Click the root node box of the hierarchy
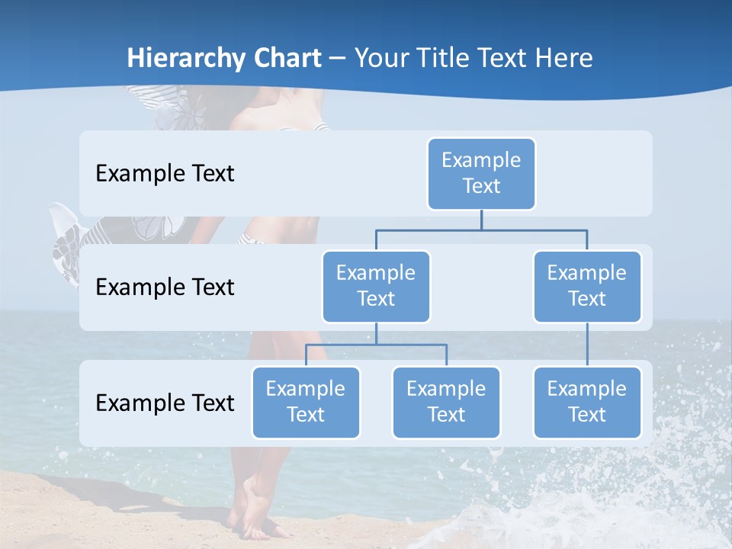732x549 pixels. tap(481, 173)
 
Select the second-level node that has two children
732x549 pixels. tap(376, 286)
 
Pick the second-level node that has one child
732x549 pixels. tap(587, 286)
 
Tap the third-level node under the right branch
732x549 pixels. tap(587, 402)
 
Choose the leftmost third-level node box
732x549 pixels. tap(306, 402)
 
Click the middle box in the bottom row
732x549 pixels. tap(446, 402)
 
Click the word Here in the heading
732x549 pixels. tap(563, 58)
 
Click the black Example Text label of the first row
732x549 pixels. tap(165, 174)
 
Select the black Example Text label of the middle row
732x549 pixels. tap(165, 287)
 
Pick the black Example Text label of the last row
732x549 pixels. tap(165, 403)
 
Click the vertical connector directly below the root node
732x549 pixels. tap(481, 220)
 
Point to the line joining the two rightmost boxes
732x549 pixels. tap(587, 345)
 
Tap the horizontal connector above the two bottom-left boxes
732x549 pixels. tap(376, 345)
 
